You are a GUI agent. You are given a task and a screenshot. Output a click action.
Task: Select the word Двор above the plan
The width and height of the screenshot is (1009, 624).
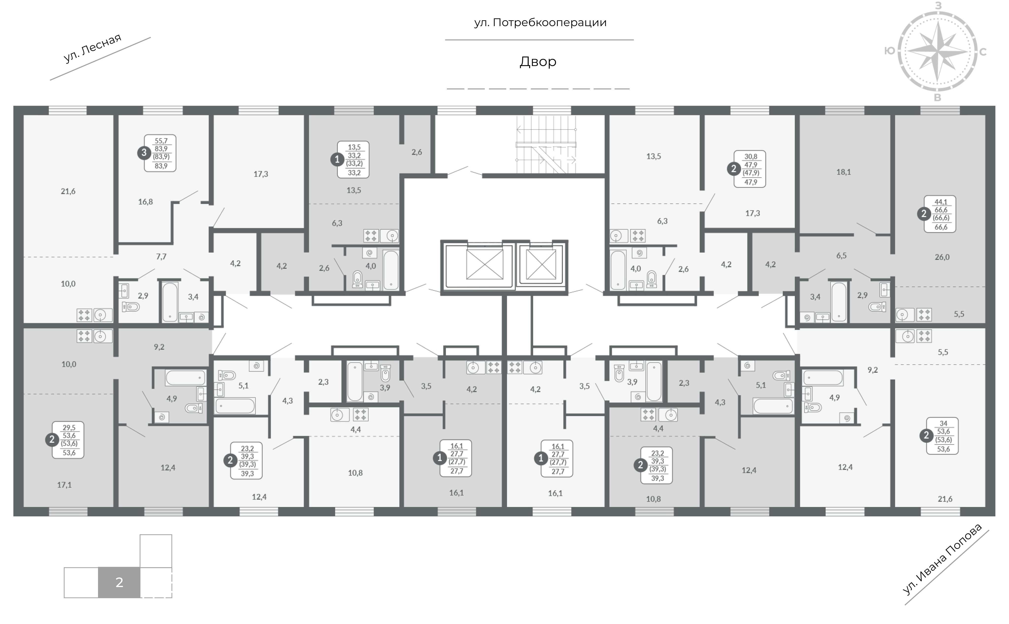click(538, 62)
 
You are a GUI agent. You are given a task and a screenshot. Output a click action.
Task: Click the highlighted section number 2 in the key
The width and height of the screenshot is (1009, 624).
click(119, 582)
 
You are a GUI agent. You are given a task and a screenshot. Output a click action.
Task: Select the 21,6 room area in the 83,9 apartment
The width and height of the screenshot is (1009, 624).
click(68, 191)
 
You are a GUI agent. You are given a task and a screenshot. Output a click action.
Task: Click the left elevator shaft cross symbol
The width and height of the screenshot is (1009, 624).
click(485, 264)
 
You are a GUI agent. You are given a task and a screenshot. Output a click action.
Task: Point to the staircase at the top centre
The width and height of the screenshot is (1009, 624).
click(546, 144)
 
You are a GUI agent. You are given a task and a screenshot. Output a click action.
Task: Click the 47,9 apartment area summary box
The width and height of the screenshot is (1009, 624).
click(750, 169)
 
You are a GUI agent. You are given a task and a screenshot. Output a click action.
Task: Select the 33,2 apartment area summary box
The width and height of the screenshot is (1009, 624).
click(353, 160)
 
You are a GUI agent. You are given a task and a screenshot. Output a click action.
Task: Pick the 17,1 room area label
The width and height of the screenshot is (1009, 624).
click(64, 485)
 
